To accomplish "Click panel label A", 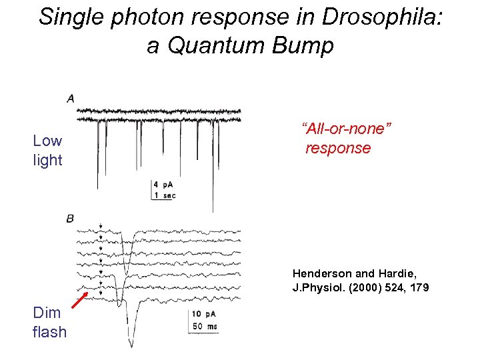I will pyautogui.click(x=71, y=99).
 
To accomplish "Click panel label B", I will pyautogui.click(x=70, y=218).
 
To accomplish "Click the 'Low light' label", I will pyautogui.click(x=47, y=150).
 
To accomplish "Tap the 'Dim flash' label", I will pyautogui.click(x=49, y=322).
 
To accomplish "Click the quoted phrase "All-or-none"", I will pyautogui.click(x=346, y=128).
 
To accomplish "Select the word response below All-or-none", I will pyautogui.click(x=338, y=148).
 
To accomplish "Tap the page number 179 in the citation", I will pyautogui.click(x=419, y=288).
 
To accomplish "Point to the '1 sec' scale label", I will pyautogui.click(x=165, y=195).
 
